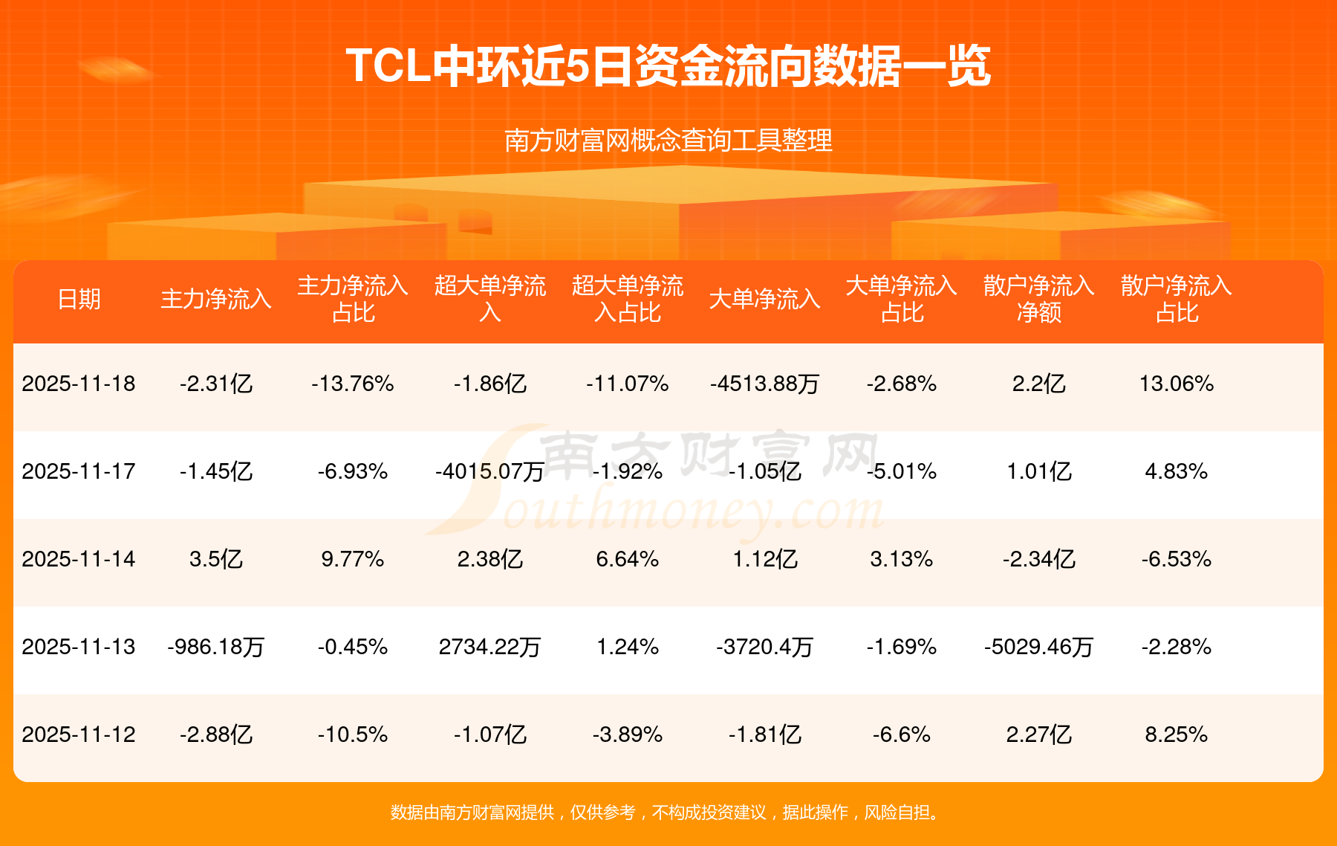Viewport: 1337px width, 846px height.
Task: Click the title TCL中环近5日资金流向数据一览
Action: (x=668, y=66)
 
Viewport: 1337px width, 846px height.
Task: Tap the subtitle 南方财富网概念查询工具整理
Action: (x=668, y=141)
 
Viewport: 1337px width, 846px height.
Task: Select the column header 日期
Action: (x=79, y=299)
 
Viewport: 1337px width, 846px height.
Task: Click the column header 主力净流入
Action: (x=216, y=299)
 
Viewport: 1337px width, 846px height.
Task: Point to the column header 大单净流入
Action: (x=764, y=299)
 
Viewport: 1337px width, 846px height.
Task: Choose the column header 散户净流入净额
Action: (x=1038, y=299)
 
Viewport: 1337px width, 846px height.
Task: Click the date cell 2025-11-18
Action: (x=79, y=384)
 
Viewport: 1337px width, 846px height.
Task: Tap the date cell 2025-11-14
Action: (x=79, y=559)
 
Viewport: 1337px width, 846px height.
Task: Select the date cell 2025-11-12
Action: (x=79, y=734)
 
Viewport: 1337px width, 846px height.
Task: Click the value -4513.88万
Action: (x=764, y=384)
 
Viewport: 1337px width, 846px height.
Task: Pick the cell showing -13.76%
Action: (x=353, y=384)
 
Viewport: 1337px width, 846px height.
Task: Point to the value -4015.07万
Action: (x=489, y=471)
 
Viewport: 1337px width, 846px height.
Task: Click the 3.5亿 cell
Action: (x=216, y=559)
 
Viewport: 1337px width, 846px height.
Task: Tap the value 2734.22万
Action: (x=489, y=647)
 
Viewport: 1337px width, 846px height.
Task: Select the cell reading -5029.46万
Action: (x=1038, y=647)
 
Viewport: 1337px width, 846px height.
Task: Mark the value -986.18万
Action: (x=216, y=647)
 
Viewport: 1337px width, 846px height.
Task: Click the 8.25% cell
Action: (x=1177, y=734)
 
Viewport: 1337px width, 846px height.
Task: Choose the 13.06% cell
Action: (x=1177, y=384)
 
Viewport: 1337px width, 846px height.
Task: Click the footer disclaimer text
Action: (x=668, y=813)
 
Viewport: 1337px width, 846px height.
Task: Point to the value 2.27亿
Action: (x=1038, y=734)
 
